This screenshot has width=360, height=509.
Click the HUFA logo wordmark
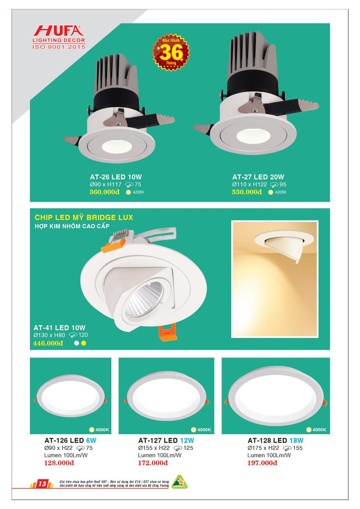pos(59,31)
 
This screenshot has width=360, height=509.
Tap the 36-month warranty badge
pos(171,52)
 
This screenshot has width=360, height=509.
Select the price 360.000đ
pos(104,192)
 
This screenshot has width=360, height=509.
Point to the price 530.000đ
pos(247,192)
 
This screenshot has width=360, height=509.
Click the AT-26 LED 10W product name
pos(116,177)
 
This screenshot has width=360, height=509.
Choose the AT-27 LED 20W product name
pos(258,177)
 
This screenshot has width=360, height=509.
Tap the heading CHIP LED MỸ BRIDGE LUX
pos(84,218)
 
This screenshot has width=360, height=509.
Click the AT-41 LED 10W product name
pos(59,327)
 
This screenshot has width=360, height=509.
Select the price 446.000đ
pos(48,343)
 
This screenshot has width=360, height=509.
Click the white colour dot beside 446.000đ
pos(77,343)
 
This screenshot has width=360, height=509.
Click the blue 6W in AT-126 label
pos(91,441)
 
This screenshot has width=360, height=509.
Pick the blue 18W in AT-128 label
pos(296,441)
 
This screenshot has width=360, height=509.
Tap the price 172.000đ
pos(153,463)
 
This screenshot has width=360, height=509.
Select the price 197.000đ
pos(262,463)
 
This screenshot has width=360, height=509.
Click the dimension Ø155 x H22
pos(154,448)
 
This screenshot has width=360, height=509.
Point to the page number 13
pos(42,484)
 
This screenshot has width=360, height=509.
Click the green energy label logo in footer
pos(179,482)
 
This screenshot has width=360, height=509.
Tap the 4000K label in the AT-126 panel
pos(102,430)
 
